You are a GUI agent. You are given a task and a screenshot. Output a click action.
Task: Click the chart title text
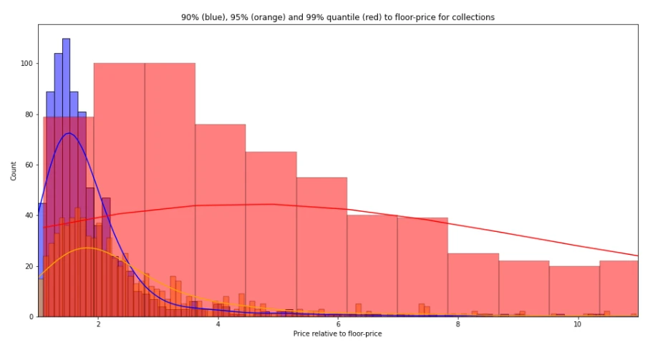(337, 17)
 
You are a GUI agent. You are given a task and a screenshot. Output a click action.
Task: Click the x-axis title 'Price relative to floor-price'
(337, 334)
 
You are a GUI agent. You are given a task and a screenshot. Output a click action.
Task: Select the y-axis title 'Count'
(14, 170)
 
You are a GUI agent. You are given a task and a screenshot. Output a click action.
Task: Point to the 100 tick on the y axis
(26, 63)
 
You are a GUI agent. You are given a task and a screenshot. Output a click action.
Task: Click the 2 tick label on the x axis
(98, 323)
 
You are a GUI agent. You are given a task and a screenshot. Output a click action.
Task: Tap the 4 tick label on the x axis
(218, 323)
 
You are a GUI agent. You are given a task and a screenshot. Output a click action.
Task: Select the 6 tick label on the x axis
(337, 323)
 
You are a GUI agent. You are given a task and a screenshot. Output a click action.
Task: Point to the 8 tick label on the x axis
(457, 323)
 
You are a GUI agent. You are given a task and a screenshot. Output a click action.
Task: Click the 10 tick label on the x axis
(577, 323)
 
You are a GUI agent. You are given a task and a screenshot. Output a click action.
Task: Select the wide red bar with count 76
(221, 215)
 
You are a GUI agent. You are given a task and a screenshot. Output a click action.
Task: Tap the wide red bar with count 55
(321, 243)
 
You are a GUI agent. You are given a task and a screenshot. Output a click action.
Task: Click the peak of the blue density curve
(69, 133)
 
